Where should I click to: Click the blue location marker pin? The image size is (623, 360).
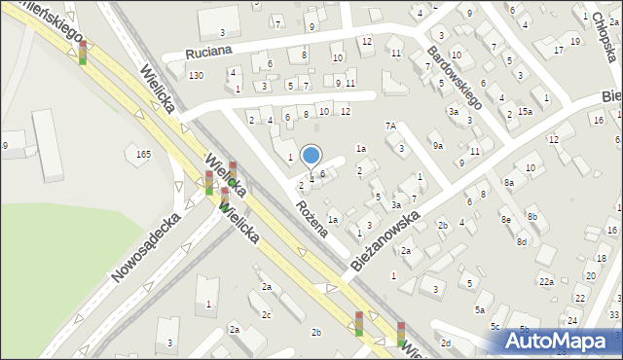point(311,156)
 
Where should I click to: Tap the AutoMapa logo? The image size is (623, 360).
point(565,341)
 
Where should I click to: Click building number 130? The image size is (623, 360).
point(197,76)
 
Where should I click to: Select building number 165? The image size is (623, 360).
point(144,154)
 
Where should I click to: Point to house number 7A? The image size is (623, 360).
point(390,126)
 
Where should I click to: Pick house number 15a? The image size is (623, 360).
point(525,112)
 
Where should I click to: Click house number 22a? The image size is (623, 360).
point(547,282)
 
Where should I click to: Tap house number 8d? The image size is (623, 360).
point(523,241)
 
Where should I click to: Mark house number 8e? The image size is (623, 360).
point(506,220)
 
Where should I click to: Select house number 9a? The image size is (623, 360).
point(439,146)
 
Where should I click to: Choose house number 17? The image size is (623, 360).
point(558,50)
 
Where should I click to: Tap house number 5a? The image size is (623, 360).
point(480,309)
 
